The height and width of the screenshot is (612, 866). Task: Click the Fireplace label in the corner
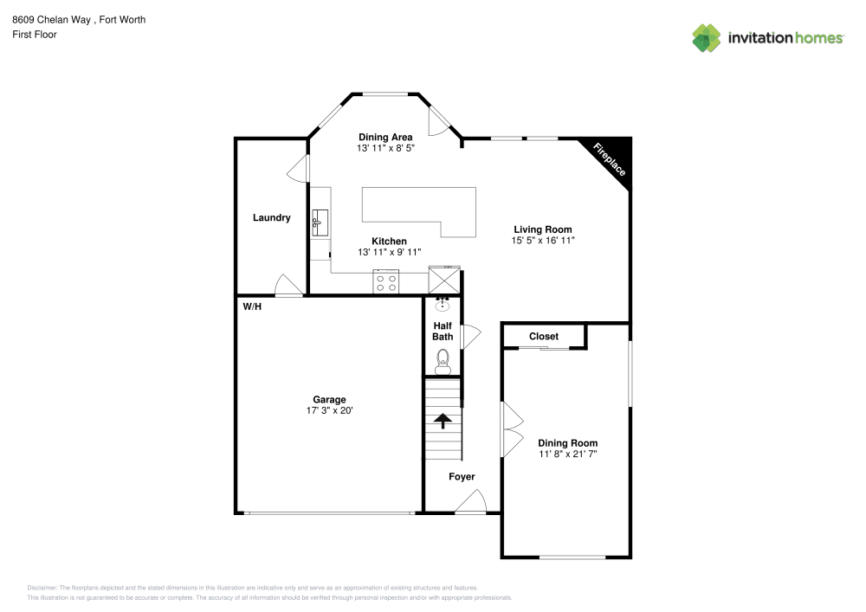tap(610, 160)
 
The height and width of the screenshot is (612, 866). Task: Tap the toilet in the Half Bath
tap(443, 360)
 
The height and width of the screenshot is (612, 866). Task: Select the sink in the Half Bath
tap(443, 304)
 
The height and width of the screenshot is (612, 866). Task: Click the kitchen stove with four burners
tap(385, 281)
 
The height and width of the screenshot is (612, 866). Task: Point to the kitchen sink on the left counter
tap(318, 222)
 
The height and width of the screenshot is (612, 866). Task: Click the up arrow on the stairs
tap(443, 421)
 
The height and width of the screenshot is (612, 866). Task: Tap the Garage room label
tap(329, 399)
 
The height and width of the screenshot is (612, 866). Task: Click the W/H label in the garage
tap(251, 306)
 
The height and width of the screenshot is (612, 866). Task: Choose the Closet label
tap(544, 336)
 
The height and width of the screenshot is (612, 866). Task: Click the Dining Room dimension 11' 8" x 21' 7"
tap(567, 454)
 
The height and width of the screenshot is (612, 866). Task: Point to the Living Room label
tap(542, 229)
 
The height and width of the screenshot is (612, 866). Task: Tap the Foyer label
tap(462, 477)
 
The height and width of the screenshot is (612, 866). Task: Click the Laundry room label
tap(271, 217)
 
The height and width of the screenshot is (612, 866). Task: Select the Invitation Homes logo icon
tap(707, 37)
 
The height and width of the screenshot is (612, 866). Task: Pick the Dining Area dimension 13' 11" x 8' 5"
tap(385, 148)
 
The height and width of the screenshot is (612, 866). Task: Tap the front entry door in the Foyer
tap(472, 502)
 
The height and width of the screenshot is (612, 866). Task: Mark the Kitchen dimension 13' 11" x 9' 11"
tap(389, 252)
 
